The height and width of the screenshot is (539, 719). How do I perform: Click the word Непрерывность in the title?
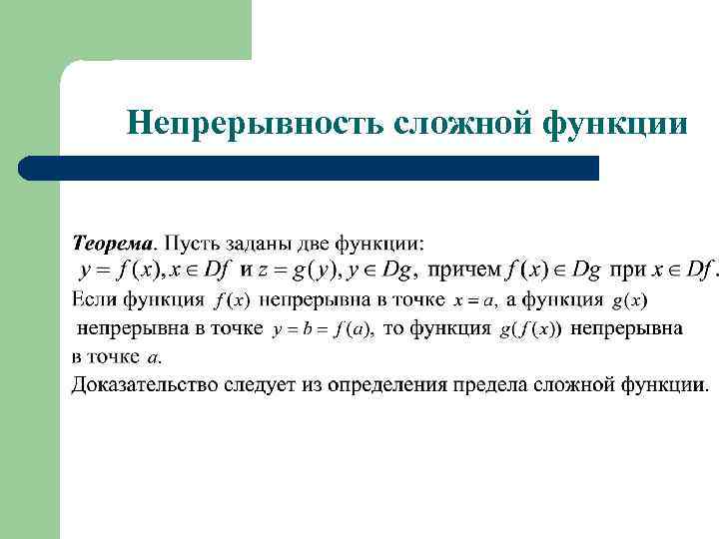coord(254,124)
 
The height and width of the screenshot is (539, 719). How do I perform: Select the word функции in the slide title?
coord(615,124)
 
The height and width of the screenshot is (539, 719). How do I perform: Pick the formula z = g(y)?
coord(299,269)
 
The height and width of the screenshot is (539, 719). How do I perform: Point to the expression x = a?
coord(474,299)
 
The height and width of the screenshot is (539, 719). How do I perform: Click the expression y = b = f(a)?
coord(323,328)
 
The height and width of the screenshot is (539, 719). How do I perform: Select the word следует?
coord(257,384)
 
